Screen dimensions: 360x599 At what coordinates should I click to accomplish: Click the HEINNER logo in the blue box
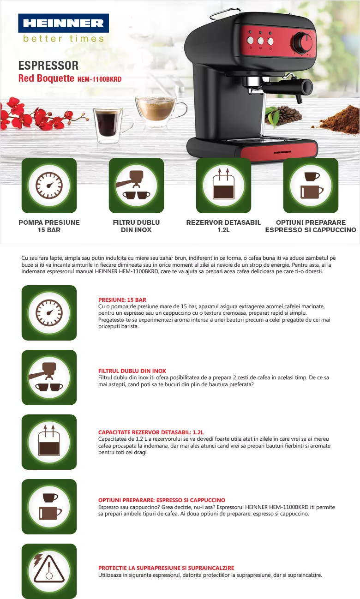click(x=63, y=23)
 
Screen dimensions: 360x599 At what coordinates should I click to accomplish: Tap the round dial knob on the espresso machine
click(x=303, y=42)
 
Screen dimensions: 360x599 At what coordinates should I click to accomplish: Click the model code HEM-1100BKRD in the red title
click(x=100, y=79)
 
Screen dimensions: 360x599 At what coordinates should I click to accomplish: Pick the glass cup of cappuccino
click(x=161, y=110)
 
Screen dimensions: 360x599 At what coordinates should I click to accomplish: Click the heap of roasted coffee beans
click(x=283, y=116)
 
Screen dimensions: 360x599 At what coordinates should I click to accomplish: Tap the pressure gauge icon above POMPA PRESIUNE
click(x=49, y=186)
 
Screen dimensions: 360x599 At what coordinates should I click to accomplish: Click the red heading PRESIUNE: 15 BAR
click(x=122, y=300)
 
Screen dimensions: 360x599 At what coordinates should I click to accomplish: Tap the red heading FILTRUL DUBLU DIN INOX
click(x=132, y=371)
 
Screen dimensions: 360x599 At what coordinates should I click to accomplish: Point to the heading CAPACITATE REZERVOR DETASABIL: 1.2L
click(x=151, y=432)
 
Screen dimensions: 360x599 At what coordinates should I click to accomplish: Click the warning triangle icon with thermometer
click(x=49, y=571)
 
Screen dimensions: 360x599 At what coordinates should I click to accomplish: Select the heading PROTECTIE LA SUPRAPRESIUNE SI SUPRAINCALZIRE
click(x=166, y=568)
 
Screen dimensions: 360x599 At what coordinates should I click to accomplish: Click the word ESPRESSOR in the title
click(x=48, y=66)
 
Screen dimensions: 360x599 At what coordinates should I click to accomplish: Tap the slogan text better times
click(x=63, y=39)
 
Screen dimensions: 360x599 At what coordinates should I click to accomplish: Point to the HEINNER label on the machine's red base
click(x=282, y=152)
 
